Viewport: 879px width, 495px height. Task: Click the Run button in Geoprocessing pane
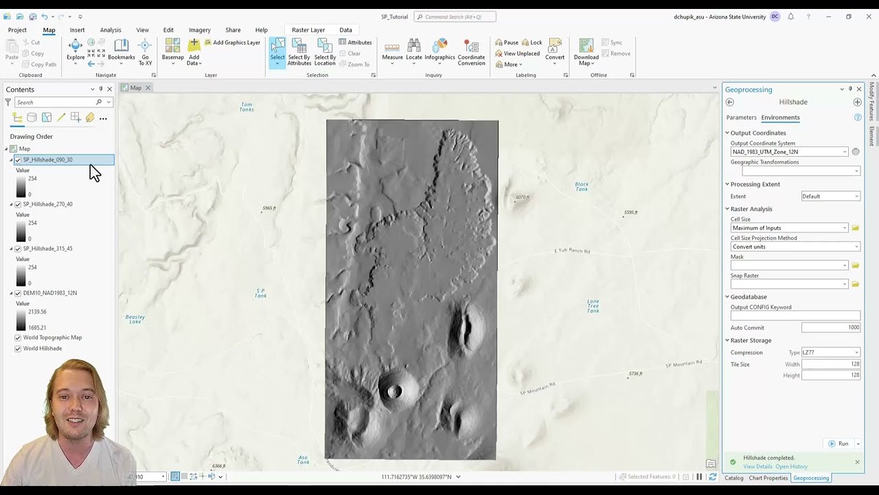tap(838, 443)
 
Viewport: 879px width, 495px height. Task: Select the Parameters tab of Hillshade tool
tap(741, 118)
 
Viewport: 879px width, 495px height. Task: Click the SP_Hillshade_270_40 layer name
tap(47, 204)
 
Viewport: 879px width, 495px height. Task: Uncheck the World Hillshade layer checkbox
tap(18, 349)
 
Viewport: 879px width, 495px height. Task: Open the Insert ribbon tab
tap(77, 30)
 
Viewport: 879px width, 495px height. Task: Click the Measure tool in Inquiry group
tap(392, 52)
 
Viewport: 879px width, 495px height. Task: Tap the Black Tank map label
tap(582, 186)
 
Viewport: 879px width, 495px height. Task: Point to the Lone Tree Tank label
tap(593, 306)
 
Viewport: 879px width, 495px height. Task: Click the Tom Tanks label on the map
tap(247, 107)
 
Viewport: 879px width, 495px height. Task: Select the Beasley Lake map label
tap(135, 319)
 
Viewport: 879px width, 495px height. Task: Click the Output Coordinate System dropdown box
tap(790, 152)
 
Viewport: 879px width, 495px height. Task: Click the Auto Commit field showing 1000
tap(830, 327)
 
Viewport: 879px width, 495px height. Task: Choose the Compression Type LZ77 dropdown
tap(830, 353)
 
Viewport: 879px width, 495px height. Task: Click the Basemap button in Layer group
tap(172, 52)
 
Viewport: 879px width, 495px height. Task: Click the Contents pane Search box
tap(55, 102)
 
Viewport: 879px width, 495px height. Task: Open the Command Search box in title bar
tap(455, 16)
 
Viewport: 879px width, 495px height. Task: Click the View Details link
tap(757, 467)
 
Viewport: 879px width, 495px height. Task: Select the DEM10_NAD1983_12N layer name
tap(49, 293)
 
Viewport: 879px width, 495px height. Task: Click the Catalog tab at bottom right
tap(733, 478)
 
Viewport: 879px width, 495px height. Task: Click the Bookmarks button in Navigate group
tap(122, 52)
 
